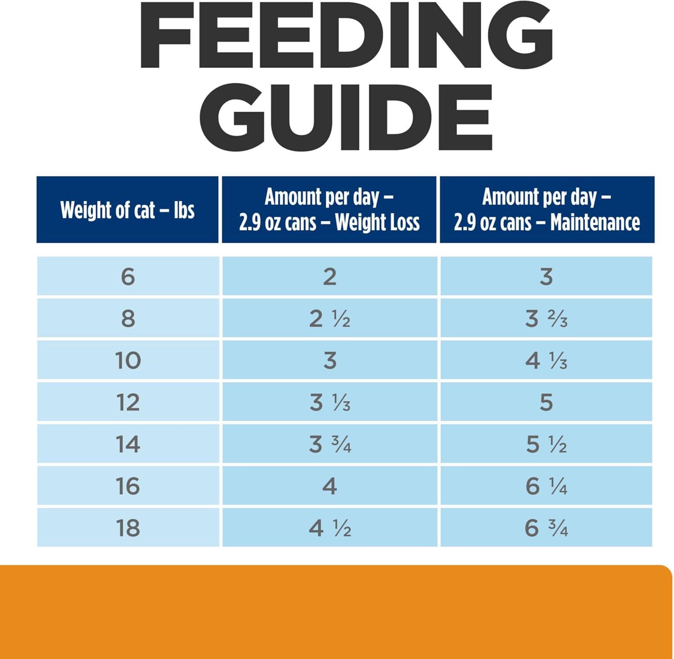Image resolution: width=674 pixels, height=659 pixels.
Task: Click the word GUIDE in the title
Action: (346, 116)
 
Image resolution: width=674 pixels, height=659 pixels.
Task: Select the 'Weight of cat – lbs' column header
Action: (128, 210)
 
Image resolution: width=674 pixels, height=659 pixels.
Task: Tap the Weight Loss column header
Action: (329, 210)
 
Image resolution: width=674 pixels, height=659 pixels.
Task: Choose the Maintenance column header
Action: (547, 210)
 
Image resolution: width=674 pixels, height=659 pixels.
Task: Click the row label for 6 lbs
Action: (128, 276)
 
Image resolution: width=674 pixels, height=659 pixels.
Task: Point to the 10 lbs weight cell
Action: (128, 360)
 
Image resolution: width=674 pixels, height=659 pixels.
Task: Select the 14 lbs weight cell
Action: (128, 444)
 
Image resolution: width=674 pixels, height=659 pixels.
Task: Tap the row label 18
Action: (128, 528)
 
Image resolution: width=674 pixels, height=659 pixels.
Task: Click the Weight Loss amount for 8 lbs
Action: (329, 318)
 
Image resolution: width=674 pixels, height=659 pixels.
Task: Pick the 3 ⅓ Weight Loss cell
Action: (329, 402)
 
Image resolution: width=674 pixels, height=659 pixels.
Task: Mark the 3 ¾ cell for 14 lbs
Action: (329, 444)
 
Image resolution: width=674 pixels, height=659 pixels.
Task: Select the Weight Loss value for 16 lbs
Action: (329, 486)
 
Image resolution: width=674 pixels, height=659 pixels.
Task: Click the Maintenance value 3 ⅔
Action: (546, 318)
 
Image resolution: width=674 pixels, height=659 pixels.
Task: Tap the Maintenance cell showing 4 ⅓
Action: (546, 360)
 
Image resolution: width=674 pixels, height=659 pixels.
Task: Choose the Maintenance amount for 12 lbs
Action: (546, 402)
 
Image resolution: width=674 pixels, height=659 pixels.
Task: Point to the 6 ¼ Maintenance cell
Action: (546, 486)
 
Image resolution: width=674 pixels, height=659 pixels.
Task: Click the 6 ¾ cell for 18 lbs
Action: (546, 528)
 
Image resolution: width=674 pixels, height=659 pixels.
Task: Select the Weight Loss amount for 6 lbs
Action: (329, 276)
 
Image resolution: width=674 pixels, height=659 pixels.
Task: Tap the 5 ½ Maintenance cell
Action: (546, 444)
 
